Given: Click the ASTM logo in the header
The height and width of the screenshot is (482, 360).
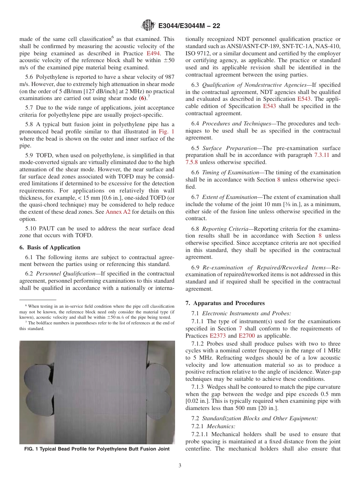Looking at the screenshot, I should pyautogui.click(x=148, y=26).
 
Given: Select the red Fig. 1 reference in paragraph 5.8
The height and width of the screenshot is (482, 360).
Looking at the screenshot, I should pyautogui.click(x=167, y=131).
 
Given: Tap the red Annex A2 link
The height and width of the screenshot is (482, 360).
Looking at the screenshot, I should pyautogui.click(x=118, y=212).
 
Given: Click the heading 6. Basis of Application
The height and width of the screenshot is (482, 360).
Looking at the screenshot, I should pyautogui.click(x=50, y=247).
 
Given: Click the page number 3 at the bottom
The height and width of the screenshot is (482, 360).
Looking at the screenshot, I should pyautogui.click(x=180, y=466).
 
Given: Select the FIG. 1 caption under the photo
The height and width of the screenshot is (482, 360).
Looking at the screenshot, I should pyautogui.click(x=97, y=449).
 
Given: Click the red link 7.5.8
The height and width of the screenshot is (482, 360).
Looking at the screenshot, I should pyautogui.click(x=192, y=162).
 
